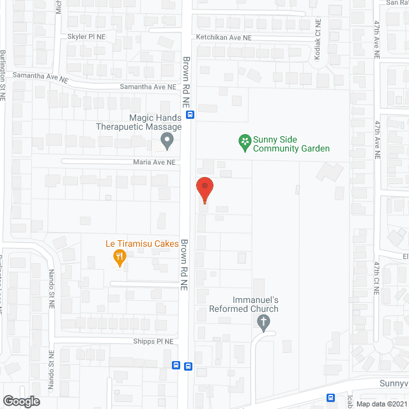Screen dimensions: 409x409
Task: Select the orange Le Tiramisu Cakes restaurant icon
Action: pyautogui.click(x=119, y=258)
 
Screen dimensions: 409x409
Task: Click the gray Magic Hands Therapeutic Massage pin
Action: pyautogui.click(x=167, y=141)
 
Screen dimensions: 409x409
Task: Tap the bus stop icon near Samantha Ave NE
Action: pyautogui.click(x=190, y=115)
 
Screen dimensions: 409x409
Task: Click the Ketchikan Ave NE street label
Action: pyautogui.click(x=224, y=38)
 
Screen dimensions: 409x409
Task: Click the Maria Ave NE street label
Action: pyautogui.click(x=153, y=162)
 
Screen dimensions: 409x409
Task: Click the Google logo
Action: pyautogui.click(x=20, y=401)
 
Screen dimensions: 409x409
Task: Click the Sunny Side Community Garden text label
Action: pyautogui.click(x=291, y=144)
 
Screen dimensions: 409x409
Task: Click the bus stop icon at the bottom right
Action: pyautogui.click(x=330, y=397)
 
